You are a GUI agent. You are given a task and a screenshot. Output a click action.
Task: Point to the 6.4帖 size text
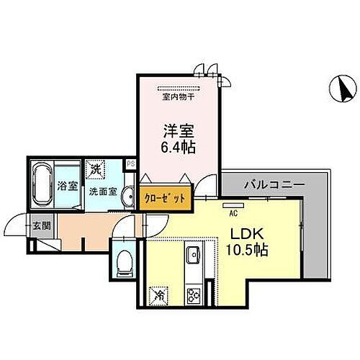(179, 147)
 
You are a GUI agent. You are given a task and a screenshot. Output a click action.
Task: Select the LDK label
(245, 235)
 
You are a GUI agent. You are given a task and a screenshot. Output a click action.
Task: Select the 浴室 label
(67, 184)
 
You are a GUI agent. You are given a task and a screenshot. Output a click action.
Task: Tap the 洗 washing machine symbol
(96, 169)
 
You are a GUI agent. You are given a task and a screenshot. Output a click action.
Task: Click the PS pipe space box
(130, 164)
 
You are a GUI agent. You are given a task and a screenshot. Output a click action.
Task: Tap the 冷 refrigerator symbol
(158, 295)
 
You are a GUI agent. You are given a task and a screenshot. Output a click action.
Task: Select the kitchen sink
(194, 256)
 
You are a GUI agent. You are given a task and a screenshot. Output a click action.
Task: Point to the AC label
(233, 213)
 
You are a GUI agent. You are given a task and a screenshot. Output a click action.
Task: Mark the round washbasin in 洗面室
(127, 197)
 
